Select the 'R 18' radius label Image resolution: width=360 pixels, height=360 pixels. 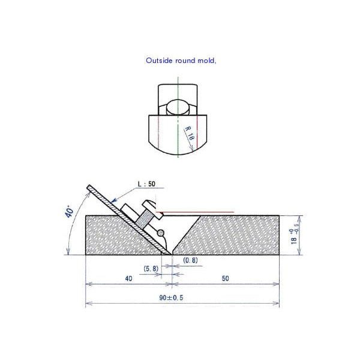188,133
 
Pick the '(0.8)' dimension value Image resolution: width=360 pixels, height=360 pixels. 190,260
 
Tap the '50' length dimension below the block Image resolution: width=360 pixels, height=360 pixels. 226,278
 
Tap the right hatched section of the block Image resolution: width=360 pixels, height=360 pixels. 234,235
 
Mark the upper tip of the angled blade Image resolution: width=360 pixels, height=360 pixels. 88,187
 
